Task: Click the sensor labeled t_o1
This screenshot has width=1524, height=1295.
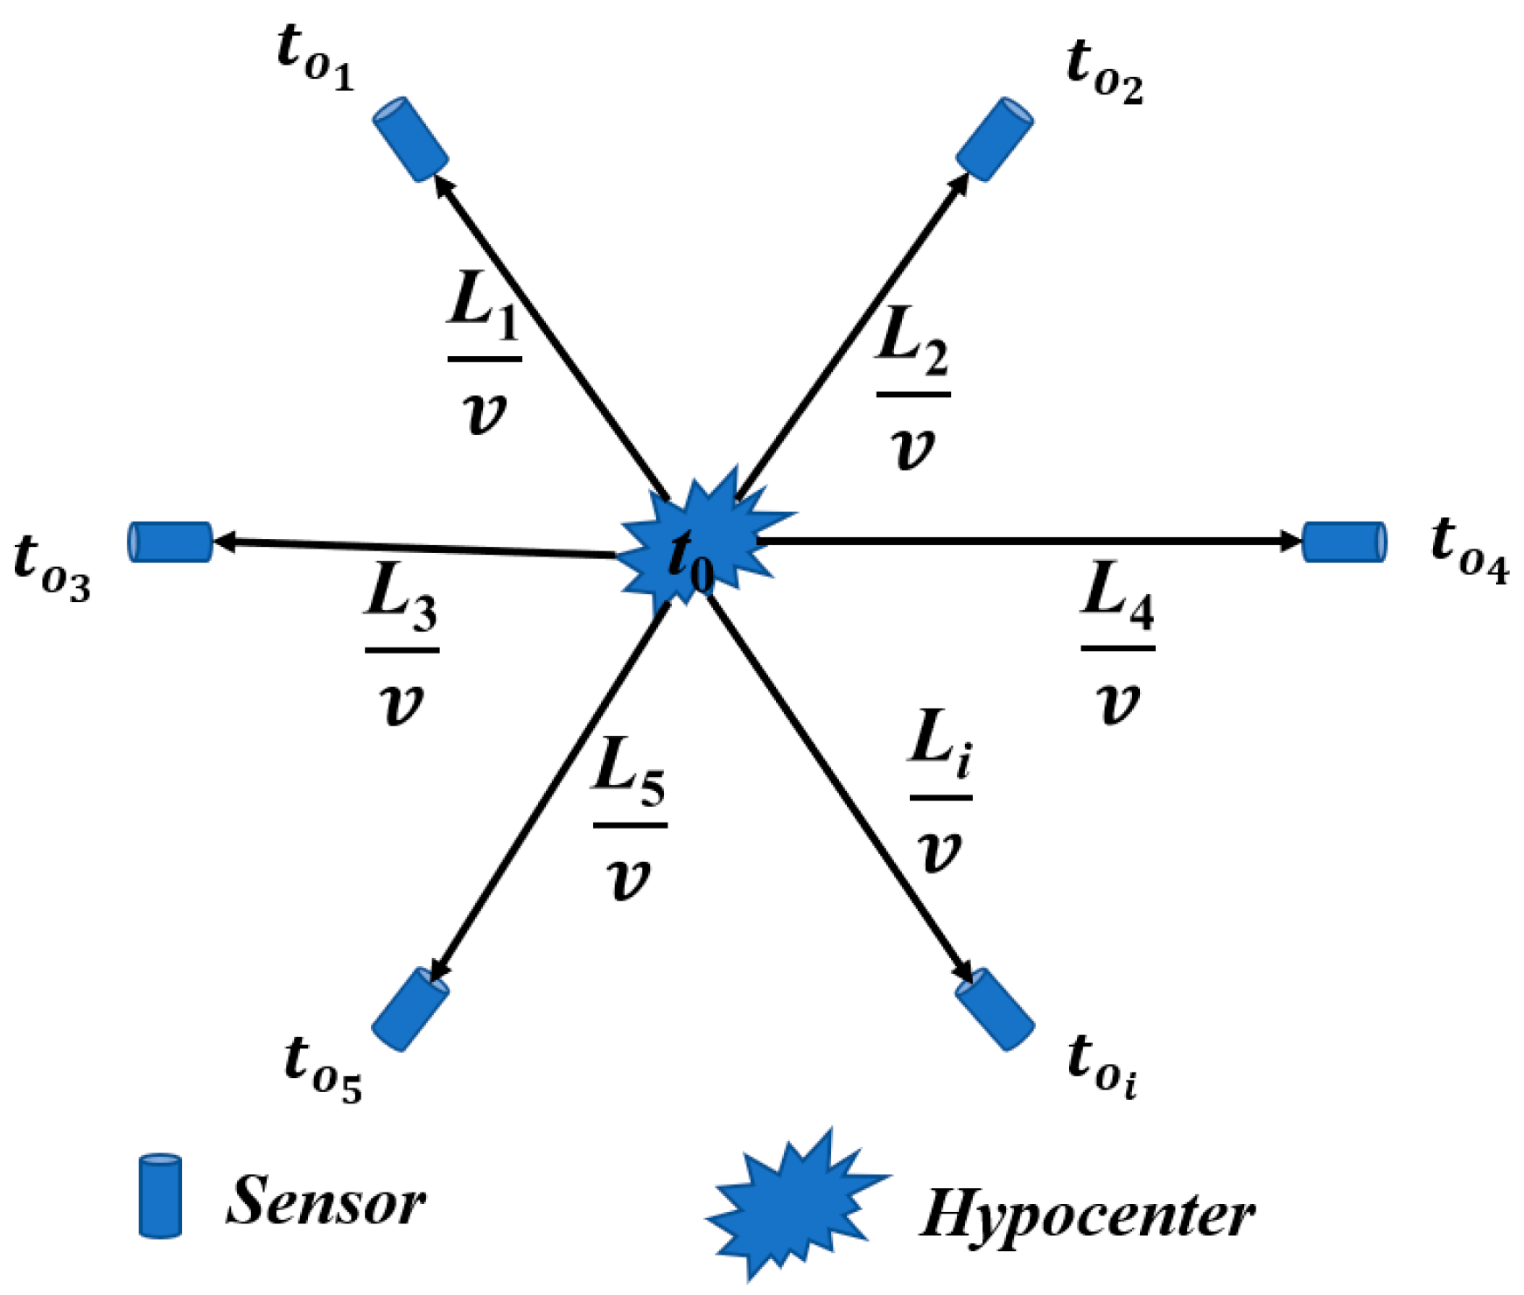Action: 410,140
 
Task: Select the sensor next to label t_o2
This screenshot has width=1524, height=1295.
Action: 994,140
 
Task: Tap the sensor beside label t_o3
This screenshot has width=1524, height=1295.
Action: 171,542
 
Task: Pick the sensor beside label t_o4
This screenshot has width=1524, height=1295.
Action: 1344,541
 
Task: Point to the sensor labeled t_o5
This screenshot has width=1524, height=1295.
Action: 410,1009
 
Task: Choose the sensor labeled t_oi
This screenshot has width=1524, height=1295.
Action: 995,1009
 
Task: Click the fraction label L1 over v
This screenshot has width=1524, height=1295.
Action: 485,354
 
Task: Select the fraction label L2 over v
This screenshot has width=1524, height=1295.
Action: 913,389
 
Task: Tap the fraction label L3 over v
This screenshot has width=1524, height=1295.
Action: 402,646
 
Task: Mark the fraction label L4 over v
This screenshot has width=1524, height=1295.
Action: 1117,644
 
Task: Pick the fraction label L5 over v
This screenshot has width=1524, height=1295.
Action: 630,820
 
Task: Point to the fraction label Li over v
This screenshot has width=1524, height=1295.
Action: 940,792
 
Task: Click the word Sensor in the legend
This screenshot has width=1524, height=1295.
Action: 326,1200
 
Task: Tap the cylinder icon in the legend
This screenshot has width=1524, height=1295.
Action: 161,1196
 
